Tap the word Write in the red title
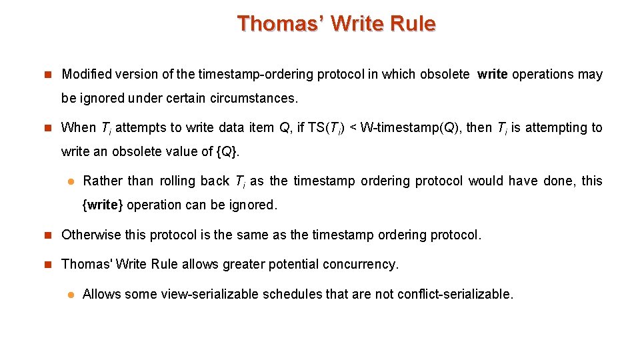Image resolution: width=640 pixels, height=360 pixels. [x=359, y=24]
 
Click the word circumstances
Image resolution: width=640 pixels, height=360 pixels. [x=253, y=98]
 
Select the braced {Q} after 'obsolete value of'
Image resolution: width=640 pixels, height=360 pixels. [x=227, y=151]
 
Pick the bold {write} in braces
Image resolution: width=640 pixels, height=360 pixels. [x=103, y=205]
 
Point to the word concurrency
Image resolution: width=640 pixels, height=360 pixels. [x=361, y=264]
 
